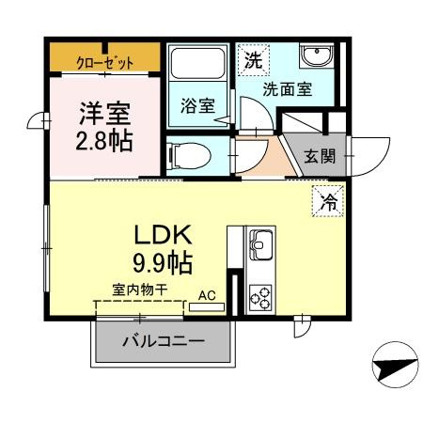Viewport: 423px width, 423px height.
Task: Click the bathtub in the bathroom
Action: pos(197,67)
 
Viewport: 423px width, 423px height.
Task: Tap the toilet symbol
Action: pos(186,153)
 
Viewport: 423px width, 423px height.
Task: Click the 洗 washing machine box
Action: pos(251,60)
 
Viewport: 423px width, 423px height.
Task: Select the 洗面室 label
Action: pos(287,90)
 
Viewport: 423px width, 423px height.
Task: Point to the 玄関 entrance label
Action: pos(321,156)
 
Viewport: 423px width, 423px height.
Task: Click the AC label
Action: pos(209,294)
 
